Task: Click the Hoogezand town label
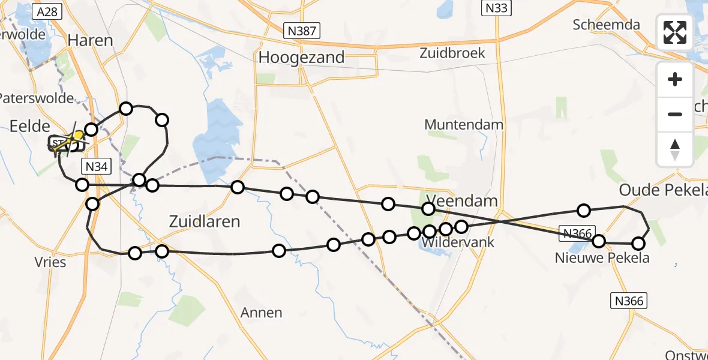[x=302, y=58]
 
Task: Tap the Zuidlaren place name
[x=205, y=221]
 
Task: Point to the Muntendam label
[x=464, y=125]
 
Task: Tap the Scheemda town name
[x=606, y=25]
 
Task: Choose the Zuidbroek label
[x=452, y=53]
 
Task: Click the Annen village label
[x=261, y=313]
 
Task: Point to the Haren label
[x=91, y=40]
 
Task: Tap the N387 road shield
[x=302, y=30]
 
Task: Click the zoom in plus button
[x=675, y=79]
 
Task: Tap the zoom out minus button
[x=675, y=114]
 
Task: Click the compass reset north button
[x=675, y=149]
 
